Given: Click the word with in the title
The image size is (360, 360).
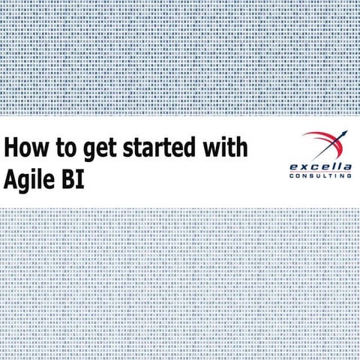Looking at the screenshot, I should tap(224, 146).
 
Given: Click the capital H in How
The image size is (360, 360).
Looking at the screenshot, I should tap(10, 146).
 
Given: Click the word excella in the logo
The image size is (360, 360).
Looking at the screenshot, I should tap(319, 165).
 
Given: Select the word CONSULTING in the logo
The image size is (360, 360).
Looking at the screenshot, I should tap(320, 176).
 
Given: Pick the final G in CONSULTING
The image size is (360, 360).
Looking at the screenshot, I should tap(349, 176).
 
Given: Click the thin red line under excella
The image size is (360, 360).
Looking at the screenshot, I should tap(320, 171).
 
